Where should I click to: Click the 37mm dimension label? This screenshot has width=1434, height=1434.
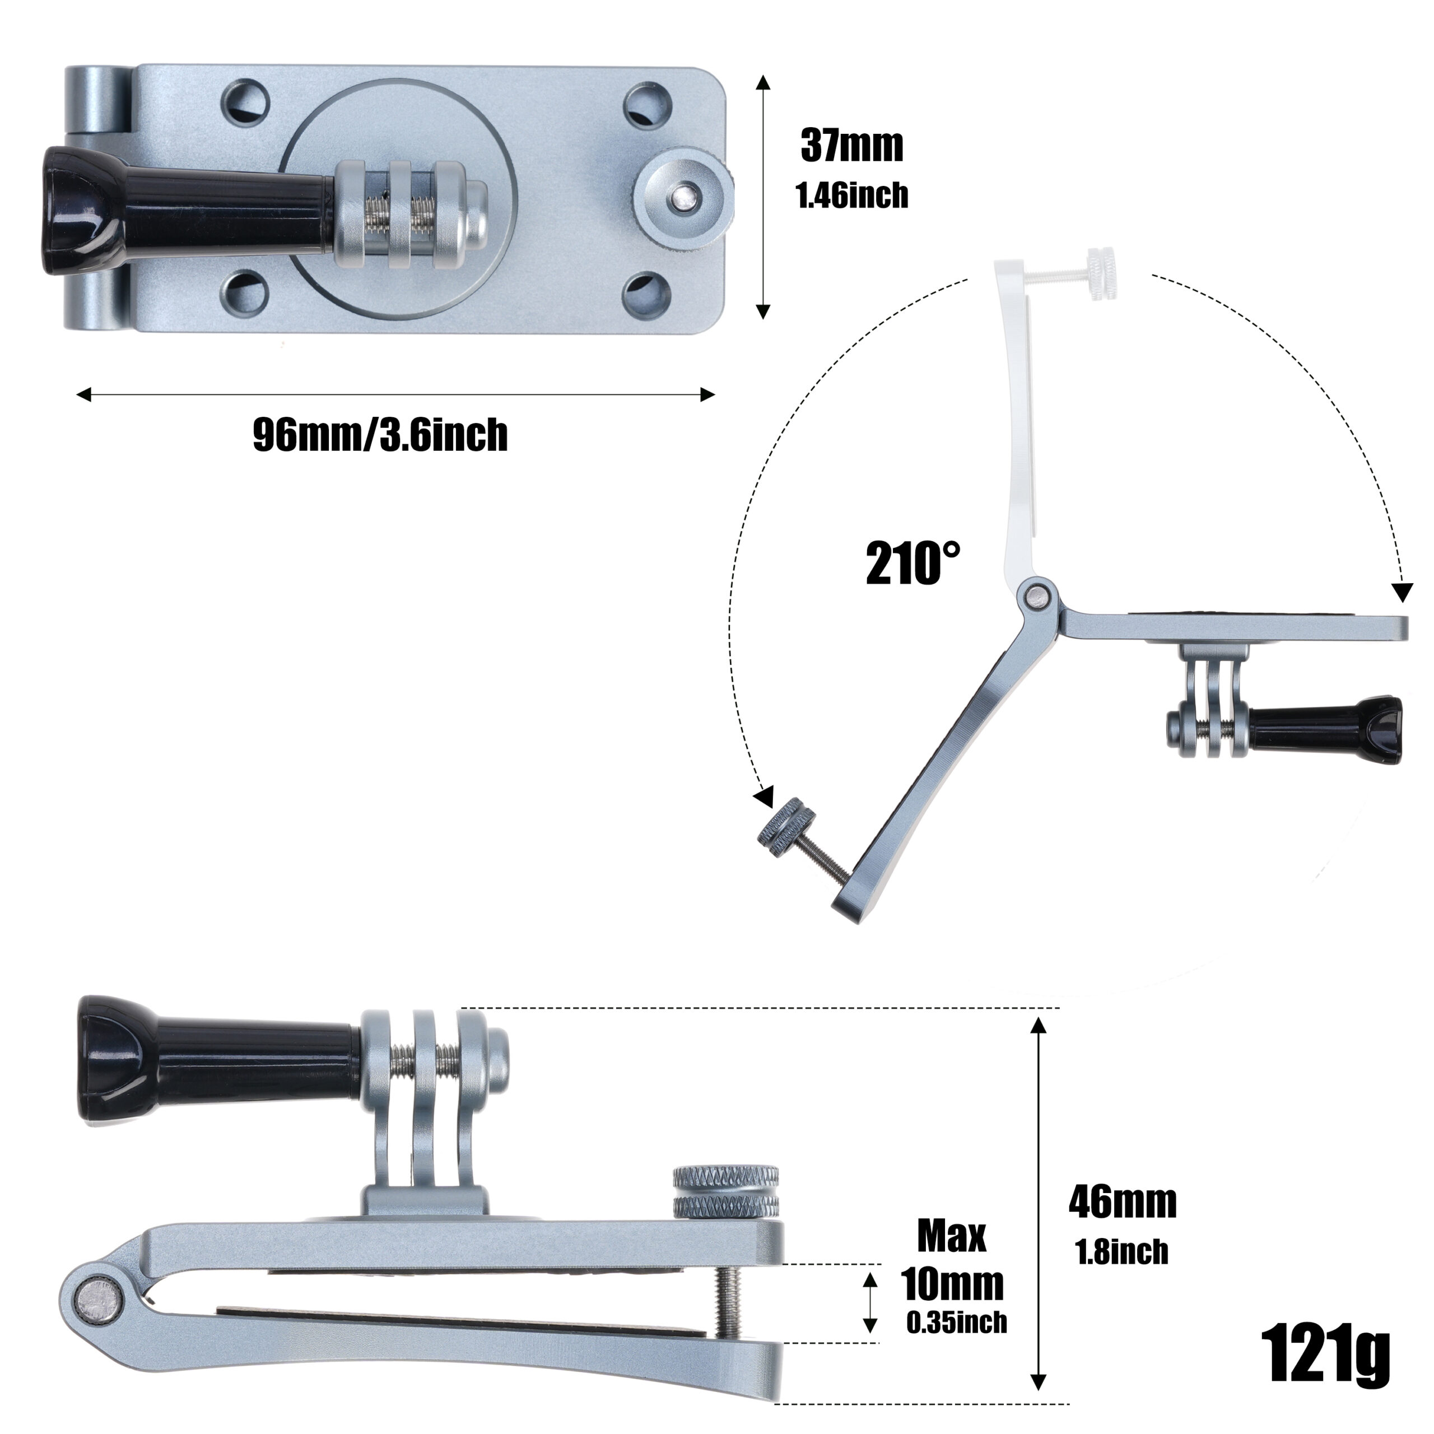click(x=851, y=146)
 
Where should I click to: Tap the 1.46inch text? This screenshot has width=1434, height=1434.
click(x=851, y=195)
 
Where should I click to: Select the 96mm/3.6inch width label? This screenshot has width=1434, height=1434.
click(x=380, y=435)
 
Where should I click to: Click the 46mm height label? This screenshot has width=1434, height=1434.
click(x=1122, y=1201)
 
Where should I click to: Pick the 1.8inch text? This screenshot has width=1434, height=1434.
click(x=1121, y=1251)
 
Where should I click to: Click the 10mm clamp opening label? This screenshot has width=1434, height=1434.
click(x=952, y=1283)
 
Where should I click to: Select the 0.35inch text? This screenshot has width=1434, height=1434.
click(x=957, y=1321)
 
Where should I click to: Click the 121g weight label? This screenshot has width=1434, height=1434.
click(x=1325, y=1357)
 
